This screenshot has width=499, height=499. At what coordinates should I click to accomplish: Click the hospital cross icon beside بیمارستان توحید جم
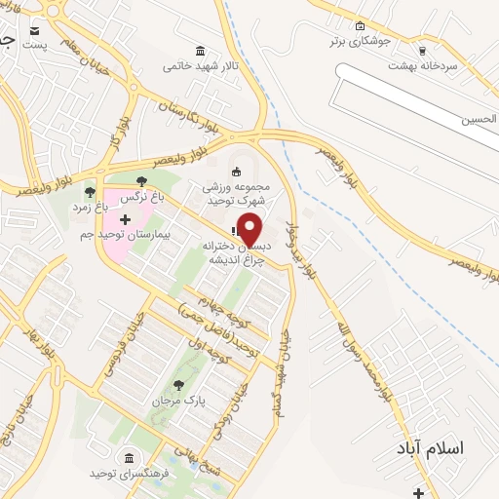pyautogui.click(x=124, y=220)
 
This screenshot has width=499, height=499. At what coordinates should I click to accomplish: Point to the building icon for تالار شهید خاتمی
pyautogui.click(x=201, y=51)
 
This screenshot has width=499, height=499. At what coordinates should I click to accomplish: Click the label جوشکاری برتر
pyautogui.click(x=360, y=41)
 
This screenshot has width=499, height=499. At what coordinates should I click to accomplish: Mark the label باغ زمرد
pyautogui.click(x=90, y=207)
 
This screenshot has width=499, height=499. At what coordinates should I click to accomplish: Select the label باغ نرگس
pyautogui.click(x=138, y=196)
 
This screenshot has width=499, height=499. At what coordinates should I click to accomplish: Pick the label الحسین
pyautogui.click(x=480, y=119)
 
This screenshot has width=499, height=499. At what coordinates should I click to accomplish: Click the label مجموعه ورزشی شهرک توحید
pyautogui.click(x=235, y=192)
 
